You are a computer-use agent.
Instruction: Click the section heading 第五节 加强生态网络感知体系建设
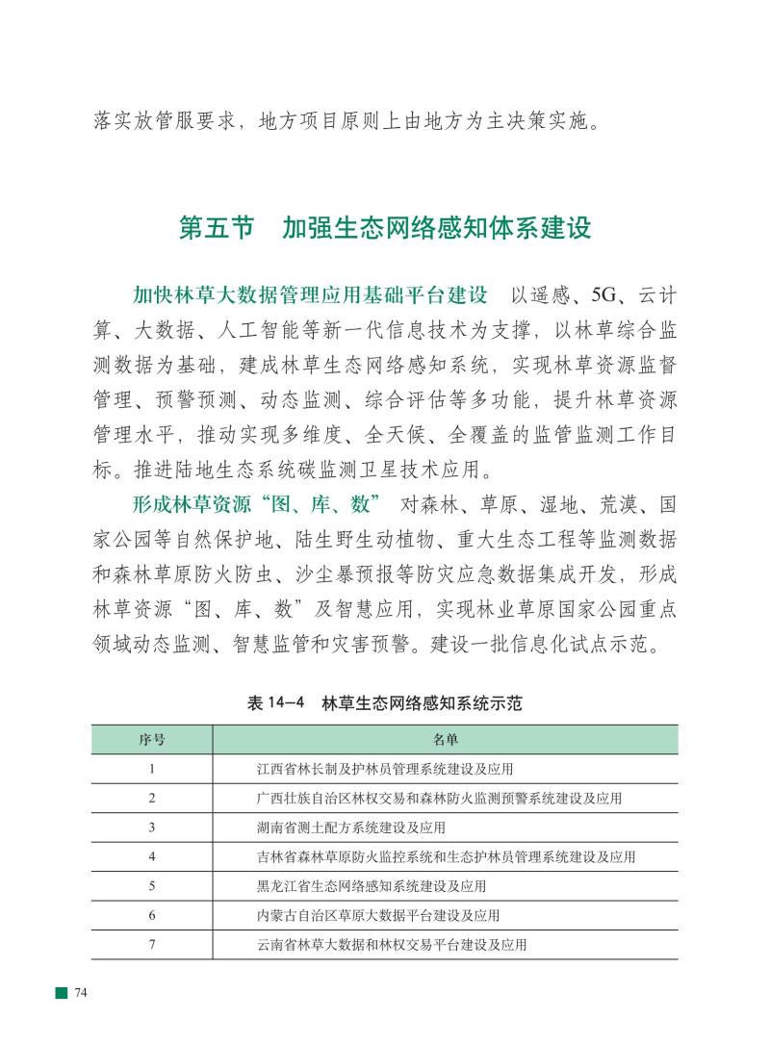tap(384, 228)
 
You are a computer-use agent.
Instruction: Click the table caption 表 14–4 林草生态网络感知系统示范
tap(384, 702)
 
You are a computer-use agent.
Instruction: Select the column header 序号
tap(152, 740)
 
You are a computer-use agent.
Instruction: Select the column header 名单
tap(445, 740)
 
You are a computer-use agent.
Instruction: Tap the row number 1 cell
tap(152, 769)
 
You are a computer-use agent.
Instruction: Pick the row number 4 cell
tap(152, 856)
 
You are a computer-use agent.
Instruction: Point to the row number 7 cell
tap(152, 944)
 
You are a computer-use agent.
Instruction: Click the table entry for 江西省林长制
tap(385, 769)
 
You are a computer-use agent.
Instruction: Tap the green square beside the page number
tap(61, 992)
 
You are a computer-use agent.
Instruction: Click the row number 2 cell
tap(152, 798)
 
